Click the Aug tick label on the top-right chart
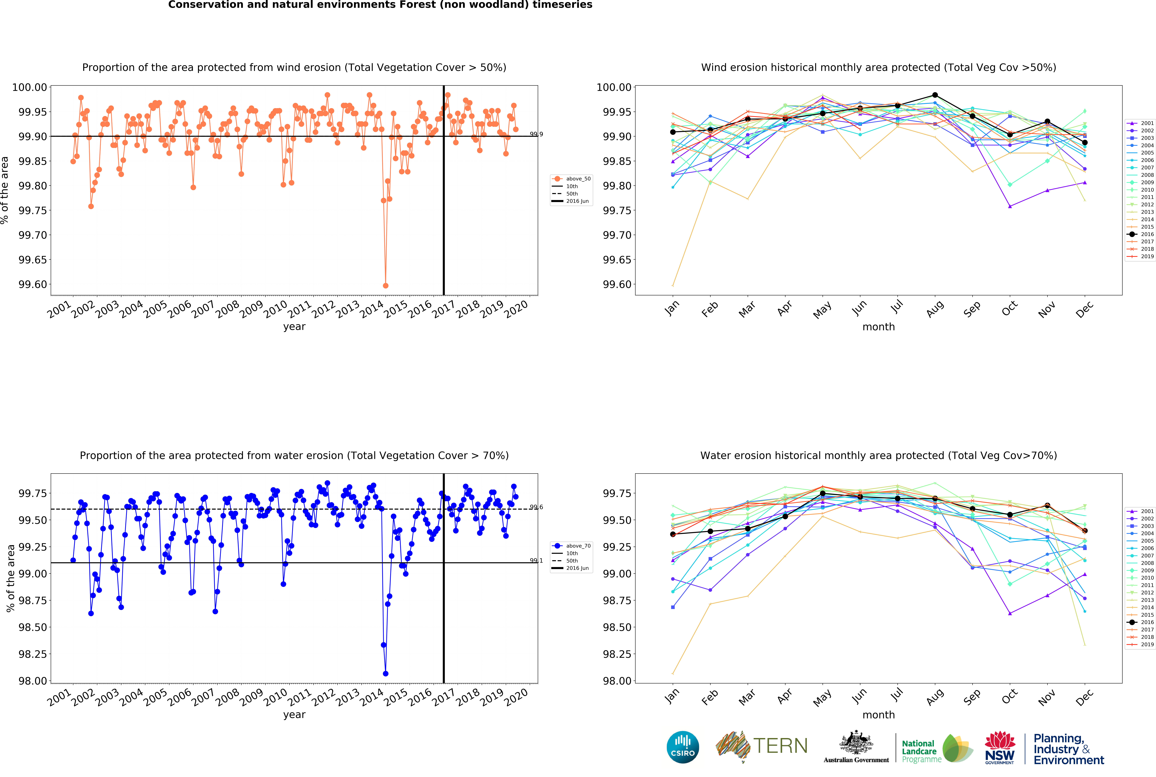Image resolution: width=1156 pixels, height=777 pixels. click(x=935, y=309)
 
